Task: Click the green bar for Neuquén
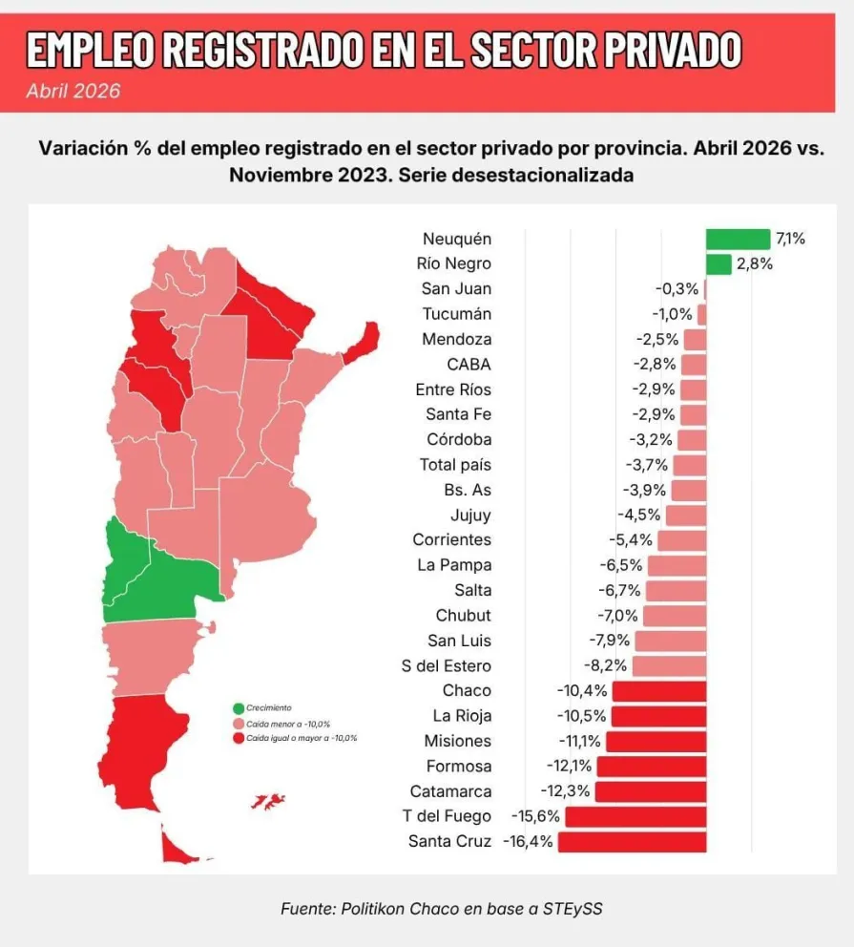(739, 240)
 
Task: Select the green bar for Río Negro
(719, 264)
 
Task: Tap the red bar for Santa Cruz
(632, 842)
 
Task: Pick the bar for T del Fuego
(635, 816)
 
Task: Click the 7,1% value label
(790, 240)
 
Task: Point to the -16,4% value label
(528, 841)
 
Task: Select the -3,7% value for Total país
(646, 465)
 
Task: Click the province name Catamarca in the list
(450, 791)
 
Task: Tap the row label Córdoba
(459, 439)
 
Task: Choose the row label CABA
(469, 365)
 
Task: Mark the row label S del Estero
(446, 665)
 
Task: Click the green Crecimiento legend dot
(239, 708)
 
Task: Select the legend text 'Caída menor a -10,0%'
(288, 724)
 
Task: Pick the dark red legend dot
(239, 738)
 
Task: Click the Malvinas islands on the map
(268, 802)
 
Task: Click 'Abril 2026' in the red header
(73, 92)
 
